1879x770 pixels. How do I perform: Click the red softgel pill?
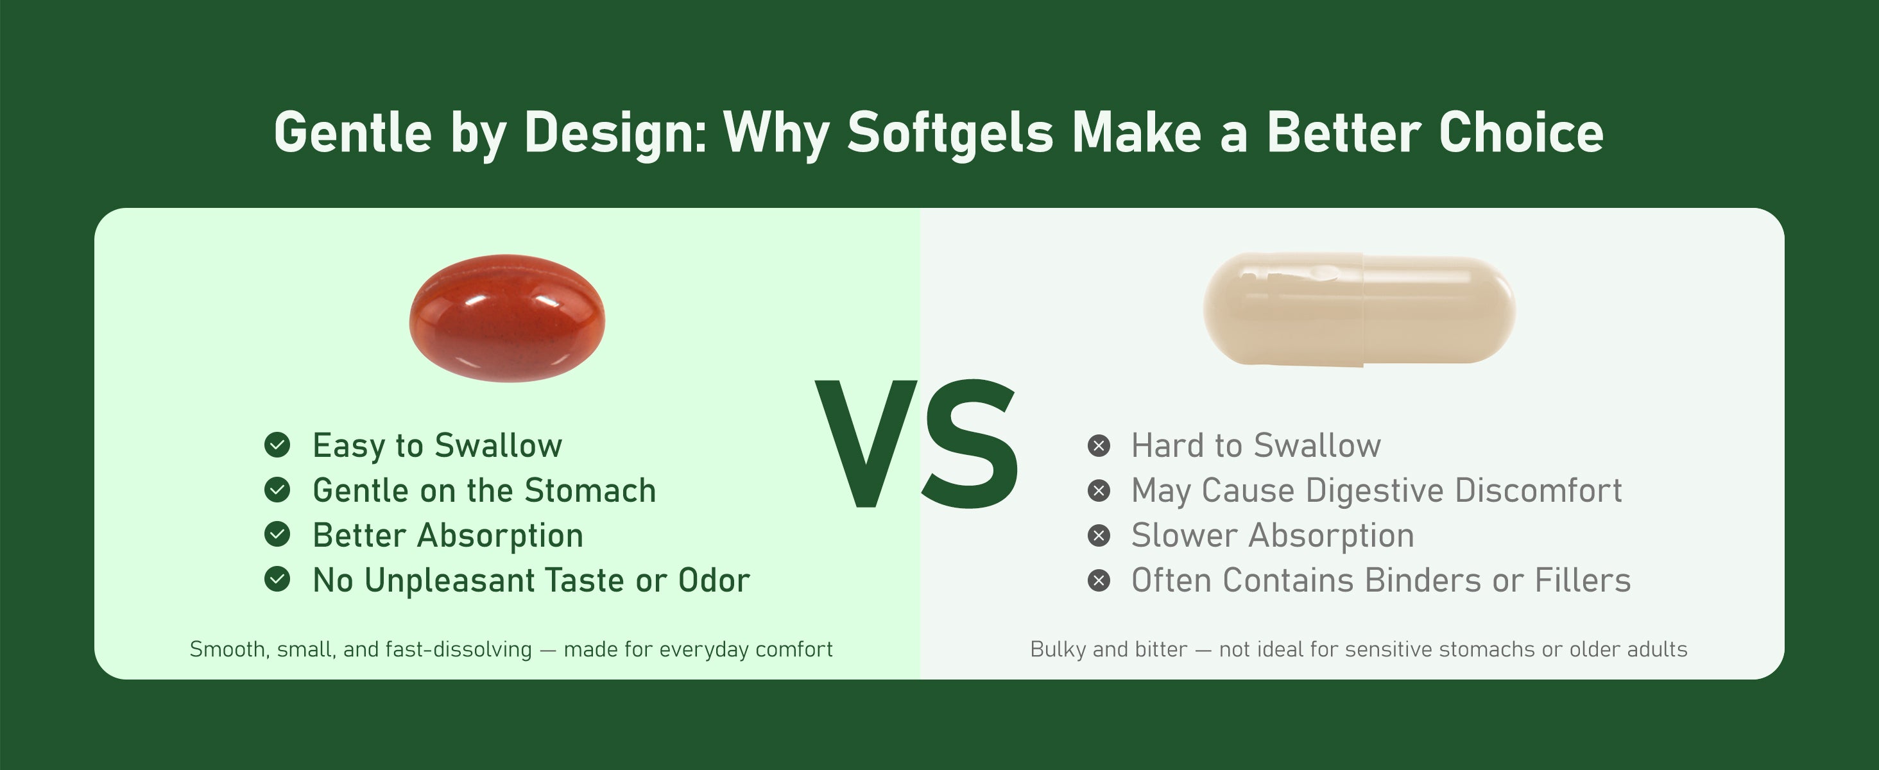(x=507, y=318)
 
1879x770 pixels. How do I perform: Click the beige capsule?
(x=1359, y=309)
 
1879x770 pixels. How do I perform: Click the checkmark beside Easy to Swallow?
(x=277, y=445)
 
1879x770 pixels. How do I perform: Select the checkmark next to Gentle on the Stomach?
(x=277, y=490)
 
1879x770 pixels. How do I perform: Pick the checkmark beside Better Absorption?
(x=277, y=535)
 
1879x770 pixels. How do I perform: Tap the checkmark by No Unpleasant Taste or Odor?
(x=277, y=579)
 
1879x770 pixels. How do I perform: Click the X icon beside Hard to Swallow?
(x=1099, y=445)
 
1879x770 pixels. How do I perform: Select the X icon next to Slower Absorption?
(x=1099, y=536)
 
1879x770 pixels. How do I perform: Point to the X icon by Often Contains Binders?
(x=1099, y=581)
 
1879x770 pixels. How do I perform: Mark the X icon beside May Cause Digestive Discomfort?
(x=1099, y=491)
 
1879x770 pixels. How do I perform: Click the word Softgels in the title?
(x=950, y=133)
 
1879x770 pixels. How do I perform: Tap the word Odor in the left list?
(x=714, y=581)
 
